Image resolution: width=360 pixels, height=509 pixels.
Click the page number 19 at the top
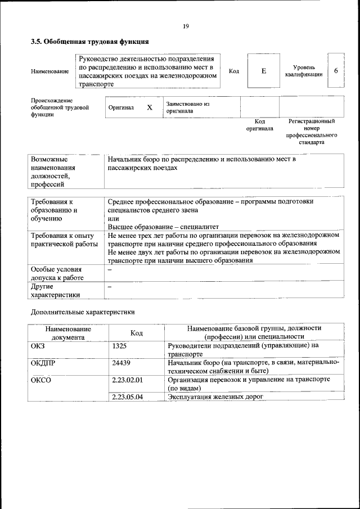(x=185, y=26)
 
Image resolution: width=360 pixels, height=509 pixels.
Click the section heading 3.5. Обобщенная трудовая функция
(x=89, y=42)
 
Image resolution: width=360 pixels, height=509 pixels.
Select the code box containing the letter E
(x=263, y=71)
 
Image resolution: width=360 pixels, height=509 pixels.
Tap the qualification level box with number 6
(x=336, y=71)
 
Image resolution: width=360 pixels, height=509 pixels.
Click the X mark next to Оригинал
(x=150, y=107)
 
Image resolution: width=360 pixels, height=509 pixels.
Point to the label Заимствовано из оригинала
(x=187, y=107)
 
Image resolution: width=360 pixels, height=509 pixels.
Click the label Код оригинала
(x=259, y=124)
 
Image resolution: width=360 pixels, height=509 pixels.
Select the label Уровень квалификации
(x=304, y=71)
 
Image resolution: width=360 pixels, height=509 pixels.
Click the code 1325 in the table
(x=119, y=346)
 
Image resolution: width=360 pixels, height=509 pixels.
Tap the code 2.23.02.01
(x=127, y=380)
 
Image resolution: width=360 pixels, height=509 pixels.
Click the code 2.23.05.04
(x=127, y=397)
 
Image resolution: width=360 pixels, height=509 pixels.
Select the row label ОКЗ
(x=38, y=346)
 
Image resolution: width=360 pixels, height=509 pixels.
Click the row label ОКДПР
(x=43, y=363)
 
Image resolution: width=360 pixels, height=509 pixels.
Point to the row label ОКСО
(x=40, y=380)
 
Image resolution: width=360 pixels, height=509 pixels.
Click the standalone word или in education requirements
(x=113, y=218)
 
